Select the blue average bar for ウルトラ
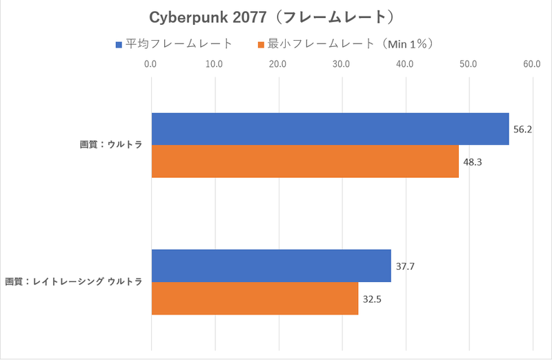pyautogui.click(x=330, y=129)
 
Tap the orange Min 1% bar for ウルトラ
pyautogui.click(x=305, y=161)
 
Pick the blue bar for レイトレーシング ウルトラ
pyautogui.click(x=271, y=266)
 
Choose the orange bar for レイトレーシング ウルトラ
pyautogui.click(x=255, y=298)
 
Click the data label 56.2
pyautogui.click(x=522, y=130)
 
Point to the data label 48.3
pyautogui.click(x=472, y=162)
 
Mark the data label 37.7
pyautogui.click(x=405, y=266)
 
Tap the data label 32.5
pyautogui.click(x=372, y=299)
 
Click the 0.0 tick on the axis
pyautogui.click(x=150, y=65)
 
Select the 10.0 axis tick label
pyautogui.click(x=214, y=65)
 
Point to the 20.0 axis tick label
pyautogui.click(x=277, y=65)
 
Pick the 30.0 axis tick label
pyautogui.click(x=342, y=65)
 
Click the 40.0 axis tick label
pyautogui.click(x=405, y=65)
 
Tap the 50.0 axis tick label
pyautogui.click(x=469, y=65)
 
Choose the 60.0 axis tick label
pyautogui.click(x=532, y=65)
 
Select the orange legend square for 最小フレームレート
pyautogui.click(x=261, y=45)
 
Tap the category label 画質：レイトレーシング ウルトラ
pyautogui.click(x=74, y=282)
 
